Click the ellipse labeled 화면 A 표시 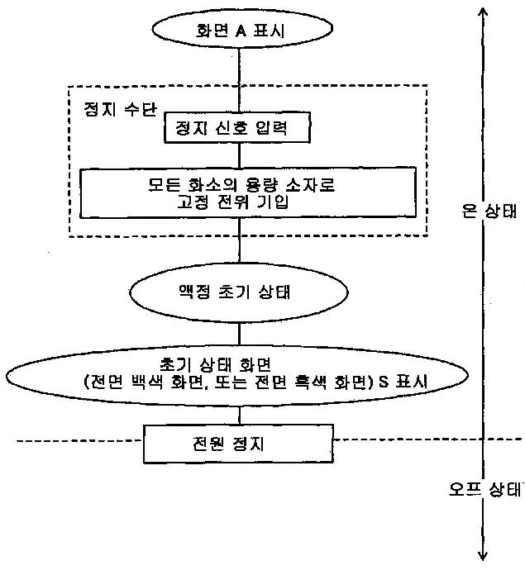pyautogui.click(x=238, y=34)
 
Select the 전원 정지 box pyautogui.click(x=238, y=443)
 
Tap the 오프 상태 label pyautogui.click(x=480, y=489)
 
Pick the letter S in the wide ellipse pyautogui.click(x=379, y=382)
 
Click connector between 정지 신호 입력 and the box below pyautogui.click(x=238, y=155)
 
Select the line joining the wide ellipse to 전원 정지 pyautogui.click(x=238, y=415)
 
